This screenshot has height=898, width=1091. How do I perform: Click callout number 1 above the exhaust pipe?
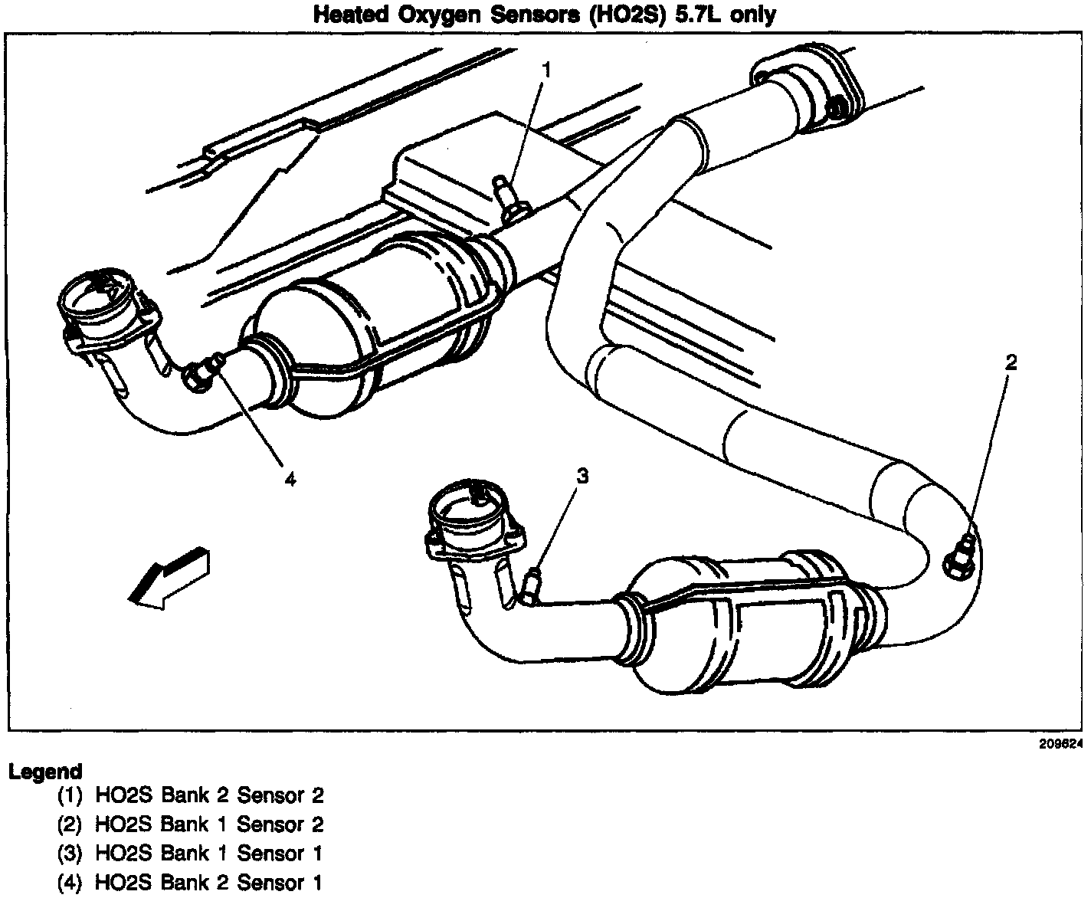[x=546, y=70]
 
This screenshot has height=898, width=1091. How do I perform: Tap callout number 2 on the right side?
[x=1011, y=362]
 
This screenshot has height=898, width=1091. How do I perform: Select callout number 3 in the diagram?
[x=582, y=477]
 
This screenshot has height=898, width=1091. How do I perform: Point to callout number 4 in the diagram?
[x=290, y=479]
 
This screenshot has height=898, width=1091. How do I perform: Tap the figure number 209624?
[x=1060, y=743]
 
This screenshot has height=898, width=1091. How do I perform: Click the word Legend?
[x=45, y=771]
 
